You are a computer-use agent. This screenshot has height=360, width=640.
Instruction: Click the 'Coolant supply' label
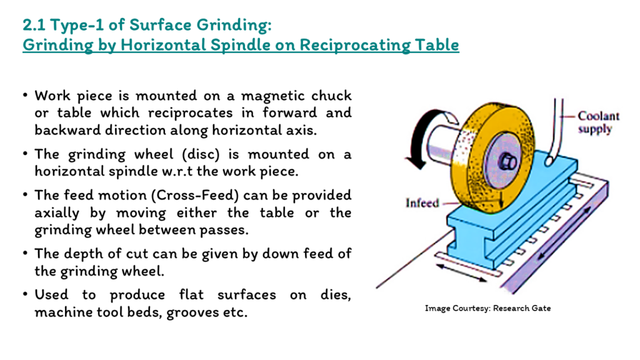[598, 122]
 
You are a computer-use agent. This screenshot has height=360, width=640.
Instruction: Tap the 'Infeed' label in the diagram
[422, 203]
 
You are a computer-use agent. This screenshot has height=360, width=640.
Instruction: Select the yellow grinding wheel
[492, 157]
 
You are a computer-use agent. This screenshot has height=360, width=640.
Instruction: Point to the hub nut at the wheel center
[507, 162]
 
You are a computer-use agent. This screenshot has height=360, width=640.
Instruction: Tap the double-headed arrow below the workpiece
[461, 273]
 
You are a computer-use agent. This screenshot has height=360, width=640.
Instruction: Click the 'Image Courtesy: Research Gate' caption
[487, 308]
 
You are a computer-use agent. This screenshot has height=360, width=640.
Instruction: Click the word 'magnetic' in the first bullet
[272, 96]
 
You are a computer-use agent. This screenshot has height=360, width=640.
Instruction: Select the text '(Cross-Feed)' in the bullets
[195, 196]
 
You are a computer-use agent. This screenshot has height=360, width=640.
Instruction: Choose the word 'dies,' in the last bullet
[336, 295]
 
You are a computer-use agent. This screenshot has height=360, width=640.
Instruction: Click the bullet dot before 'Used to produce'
[25, 294]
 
